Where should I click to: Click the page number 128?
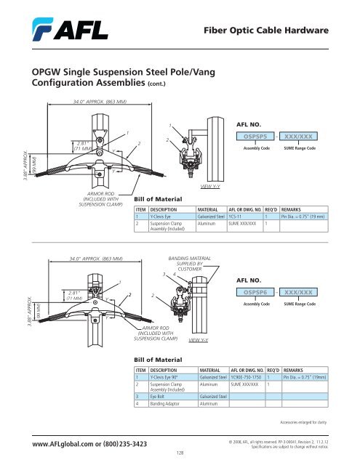(x=180, y=451)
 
